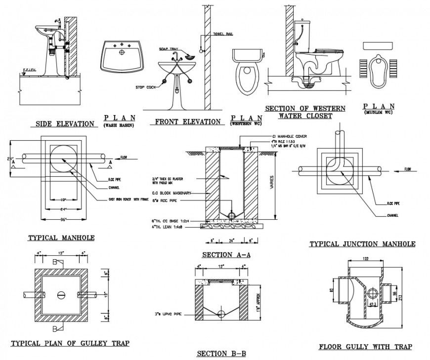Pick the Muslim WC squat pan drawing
click(x=379, y=67)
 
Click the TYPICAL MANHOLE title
click(x=61, y=238)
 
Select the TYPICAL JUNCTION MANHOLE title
click(x=362, y=244)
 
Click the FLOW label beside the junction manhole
click(x=408, y=169)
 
